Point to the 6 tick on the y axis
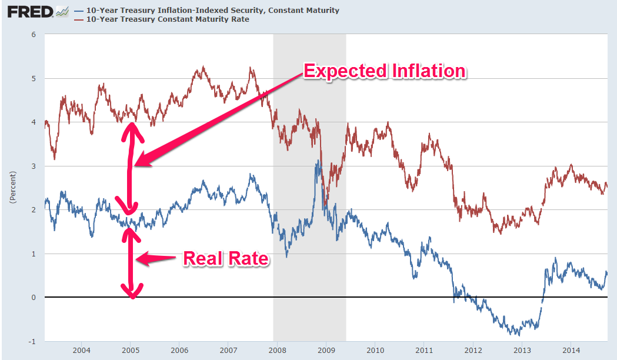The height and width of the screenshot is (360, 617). [x=34, y=35]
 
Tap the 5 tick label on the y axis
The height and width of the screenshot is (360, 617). [x=34, y=78]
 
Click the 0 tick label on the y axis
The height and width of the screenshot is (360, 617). [x=34, y=298]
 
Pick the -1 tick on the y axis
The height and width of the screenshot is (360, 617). [x=32, y=341]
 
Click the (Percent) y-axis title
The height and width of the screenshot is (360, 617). [x=13, y=188]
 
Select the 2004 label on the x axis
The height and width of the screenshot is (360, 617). [x=81, y=351]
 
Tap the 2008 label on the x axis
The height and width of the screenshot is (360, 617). [x=277, y=351]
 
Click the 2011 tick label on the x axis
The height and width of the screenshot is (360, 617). [x=424, y=351]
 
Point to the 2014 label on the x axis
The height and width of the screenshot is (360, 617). [x=571, y=351]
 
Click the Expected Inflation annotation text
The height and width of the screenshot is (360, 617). [x=384, y=72]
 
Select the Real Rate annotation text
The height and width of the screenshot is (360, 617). [x=226, y=259]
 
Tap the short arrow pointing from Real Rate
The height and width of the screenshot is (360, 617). [x=158, y=259]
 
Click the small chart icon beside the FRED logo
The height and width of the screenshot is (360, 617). [x=61, y=11]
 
